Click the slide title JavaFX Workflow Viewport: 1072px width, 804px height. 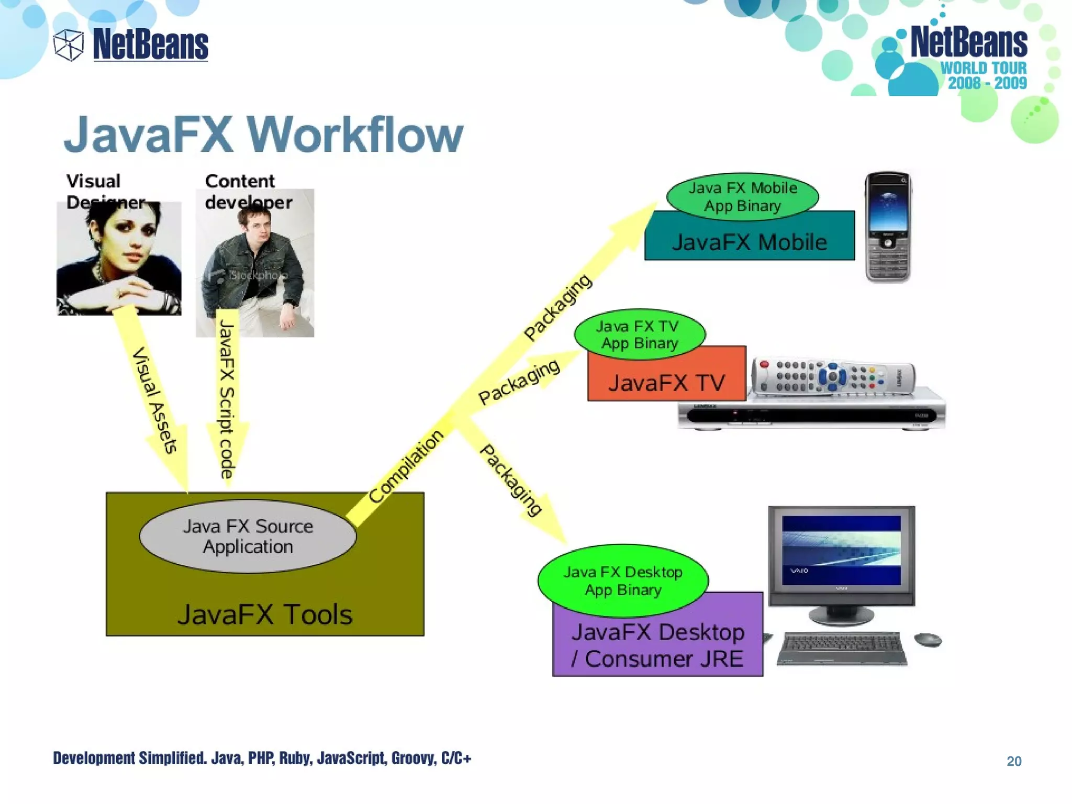coord(263,135)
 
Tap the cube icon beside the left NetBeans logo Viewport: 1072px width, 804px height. coord(69,45)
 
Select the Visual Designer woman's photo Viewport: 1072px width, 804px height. coord(119,259)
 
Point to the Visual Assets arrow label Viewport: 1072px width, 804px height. coord(155,400)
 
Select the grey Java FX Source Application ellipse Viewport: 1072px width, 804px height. coord(248,536)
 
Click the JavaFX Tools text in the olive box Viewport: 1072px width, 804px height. coord(265,614)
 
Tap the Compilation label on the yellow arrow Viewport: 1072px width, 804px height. coord(406,466)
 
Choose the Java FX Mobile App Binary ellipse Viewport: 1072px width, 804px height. coord(742,197)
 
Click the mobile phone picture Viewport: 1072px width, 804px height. coord(888,227)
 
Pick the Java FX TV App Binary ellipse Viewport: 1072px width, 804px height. coord(640,334)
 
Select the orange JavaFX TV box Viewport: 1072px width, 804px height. coord(666,382)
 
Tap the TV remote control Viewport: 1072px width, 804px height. coord(832,376)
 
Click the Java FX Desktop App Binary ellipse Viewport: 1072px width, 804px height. coord(623,580)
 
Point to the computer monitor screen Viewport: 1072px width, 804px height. coord(841,551)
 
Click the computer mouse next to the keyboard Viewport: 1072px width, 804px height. coord(928,640)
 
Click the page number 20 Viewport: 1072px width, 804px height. coord(1013,761)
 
